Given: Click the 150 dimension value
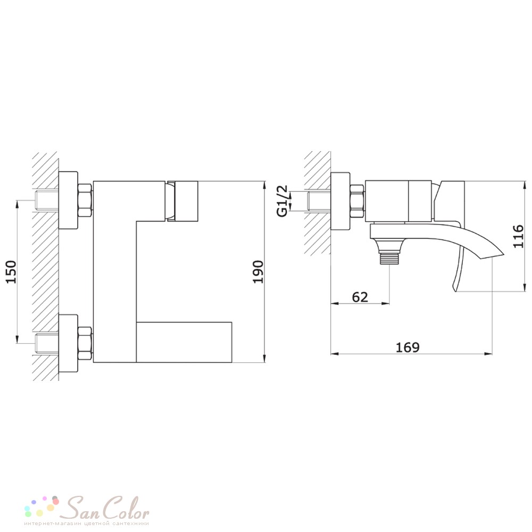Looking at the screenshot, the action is [x=12, y=271].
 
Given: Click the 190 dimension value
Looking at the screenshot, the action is [x=258, y=272].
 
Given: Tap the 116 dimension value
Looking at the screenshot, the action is [x=518, y=236].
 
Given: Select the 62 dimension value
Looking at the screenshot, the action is [x=360, y=297].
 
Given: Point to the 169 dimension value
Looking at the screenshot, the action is [x=408, y=347].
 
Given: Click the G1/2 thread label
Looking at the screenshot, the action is [x=282, y=201].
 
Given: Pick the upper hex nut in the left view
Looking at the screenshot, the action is [x=85, y=201].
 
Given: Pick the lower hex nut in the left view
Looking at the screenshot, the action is [x=85, y=343].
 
